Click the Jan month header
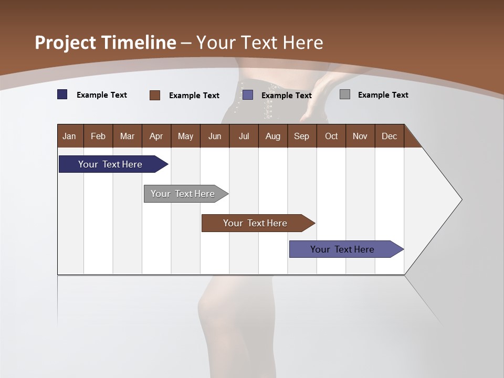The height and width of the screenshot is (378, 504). click(x=69, y=136)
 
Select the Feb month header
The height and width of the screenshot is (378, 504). click(x=98, y=136)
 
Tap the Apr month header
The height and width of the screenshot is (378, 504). click(x=156, y=136)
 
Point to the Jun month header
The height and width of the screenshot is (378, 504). click(x=215, y=136)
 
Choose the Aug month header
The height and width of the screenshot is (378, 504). click(x=272, y=136)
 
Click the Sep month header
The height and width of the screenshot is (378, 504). click(x=301, y=136)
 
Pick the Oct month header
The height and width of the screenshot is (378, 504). click(x=331, y=136)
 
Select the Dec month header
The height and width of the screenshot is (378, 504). click(x=389, y=136)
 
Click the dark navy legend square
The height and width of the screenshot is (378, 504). click(x=62, y=94)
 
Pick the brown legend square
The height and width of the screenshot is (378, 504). click(x=154, y=95)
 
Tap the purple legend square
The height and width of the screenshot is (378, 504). click(x=248, y=95)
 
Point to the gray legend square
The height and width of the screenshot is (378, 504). click(x=345, y=94)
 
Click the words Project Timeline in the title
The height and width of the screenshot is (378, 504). click(x=105, y=43)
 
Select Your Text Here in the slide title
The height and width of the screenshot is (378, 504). click(x=259, y=43)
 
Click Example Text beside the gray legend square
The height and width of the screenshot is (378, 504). click(x=383, y=95)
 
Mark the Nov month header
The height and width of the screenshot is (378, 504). click(x=360, y=136)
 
